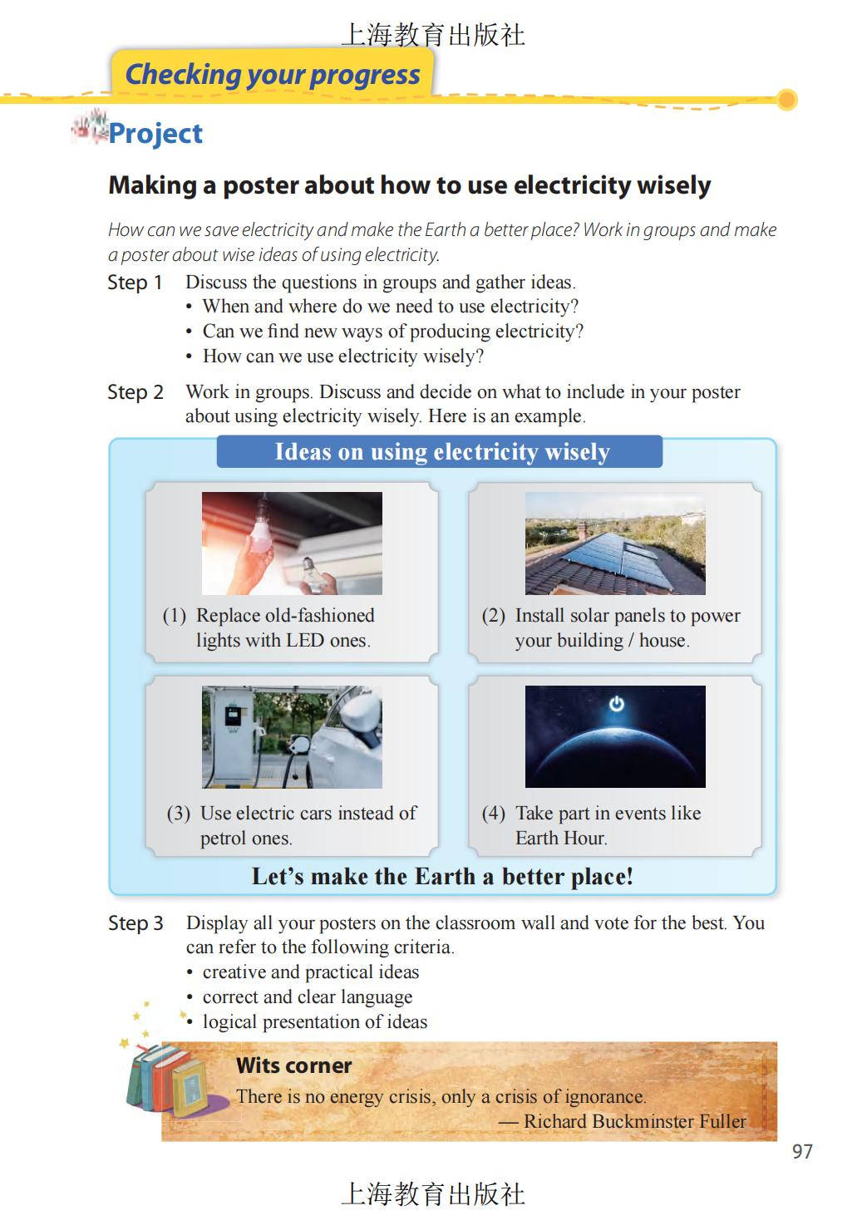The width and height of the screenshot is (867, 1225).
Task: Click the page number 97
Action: pyautogui.click(x=802, y=1151)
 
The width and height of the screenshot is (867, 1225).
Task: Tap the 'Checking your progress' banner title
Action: pyautogui.click(x=273, y=75)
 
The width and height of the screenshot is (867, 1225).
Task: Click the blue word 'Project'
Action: pyautogui.click(x=155, y=134)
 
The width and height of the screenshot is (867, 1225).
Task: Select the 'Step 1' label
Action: pyautogui.click(x=135, y=283)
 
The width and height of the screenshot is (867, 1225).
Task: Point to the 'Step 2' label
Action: pyautogui.click(x=135, y=392)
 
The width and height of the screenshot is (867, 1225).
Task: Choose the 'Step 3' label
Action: pyautogui.click(x=135, y=923)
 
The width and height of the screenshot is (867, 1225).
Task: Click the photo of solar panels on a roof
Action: pyautogui.click(x=615, y=544)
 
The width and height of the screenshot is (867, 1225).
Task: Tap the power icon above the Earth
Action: pyautogui.click(x=616, y=704)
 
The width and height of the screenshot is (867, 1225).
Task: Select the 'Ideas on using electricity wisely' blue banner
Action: pyautogui.click(x=440, y=452)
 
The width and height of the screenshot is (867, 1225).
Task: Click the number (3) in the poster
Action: pyautogui.click(x=178, y=814)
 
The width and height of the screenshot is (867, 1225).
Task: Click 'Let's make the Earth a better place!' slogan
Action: pyautogui.click(x=442, y=877)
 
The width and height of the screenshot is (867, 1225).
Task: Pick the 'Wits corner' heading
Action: pyautogui.click(x=293, y=1065)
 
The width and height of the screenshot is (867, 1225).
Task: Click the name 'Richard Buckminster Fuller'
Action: pyautogui.click(x=634, y=1121)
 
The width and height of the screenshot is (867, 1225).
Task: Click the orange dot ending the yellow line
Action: pyautogui.click(x=786, y=100)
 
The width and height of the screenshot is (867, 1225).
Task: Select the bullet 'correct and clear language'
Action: pyautogui.click(x=307, y=997)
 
